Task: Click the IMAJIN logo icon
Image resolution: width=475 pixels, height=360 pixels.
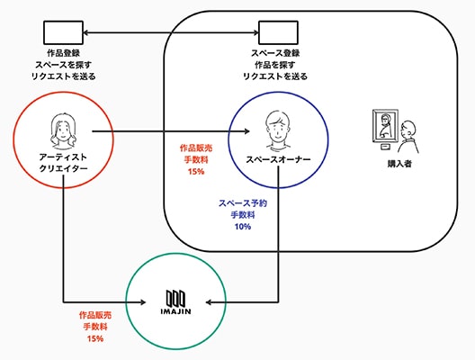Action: pos(175,298)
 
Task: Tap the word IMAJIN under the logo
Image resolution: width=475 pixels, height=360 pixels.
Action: pos(175,311)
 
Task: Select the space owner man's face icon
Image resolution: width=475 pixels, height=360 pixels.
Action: pos(278,130)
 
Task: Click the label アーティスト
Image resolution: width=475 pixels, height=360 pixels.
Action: pos(63,157)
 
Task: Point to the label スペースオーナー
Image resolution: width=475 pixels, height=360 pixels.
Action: pos(278,159)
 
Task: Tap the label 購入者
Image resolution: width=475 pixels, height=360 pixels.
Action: pos(399,164)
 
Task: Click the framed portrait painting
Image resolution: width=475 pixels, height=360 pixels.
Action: pos(385,126)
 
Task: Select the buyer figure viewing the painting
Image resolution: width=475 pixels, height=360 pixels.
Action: pos(408,137)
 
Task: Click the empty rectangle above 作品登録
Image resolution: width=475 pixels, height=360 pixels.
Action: pos(63,32)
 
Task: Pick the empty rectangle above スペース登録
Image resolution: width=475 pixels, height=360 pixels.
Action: pos(278,32)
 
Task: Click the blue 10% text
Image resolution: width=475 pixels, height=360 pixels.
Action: pos(243,227)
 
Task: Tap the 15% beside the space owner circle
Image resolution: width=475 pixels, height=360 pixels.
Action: pos(196,172)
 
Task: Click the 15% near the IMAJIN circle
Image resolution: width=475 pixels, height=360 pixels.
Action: pos(95,338)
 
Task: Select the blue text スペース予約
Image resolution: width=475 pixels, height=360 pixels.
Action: pos(243,203)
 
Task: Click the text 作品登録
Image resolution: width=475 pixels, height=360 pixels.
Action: pos(63,53)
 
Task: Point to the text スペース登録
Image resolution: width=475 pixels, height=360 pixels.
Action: pos(275,53)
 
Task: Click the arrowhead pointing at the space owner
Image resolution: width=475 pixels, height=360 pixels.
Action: pos(246,131)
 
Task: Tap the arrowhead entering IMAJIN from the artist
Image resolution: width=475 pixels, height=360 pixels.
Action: pos(142,302)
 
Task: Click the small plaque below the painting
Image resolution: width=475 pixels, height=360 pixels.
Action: pos(385,148)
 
